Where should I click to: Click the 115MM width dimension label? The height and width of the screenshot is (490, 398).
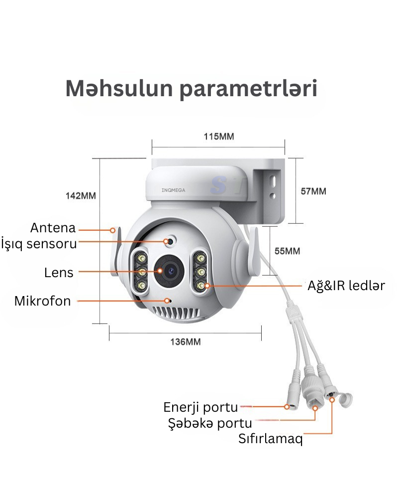[x=218, y=137]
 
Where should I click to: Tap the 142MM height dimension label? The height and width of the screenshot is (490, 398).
[x=81, y=196]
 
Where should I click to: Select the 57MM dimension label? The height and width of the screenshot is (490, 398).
[x=313, y=191]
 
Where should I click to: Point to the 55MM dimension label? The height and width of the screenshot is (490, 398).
[x=287, y=251]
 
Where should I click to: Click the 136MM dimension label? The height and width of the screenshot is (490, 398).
[x=185, y=342]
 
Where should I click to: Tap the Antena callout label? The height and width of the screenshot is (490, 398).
[x=53, y=228]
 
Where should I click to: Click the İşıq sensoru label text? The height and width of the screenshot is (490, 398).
[x=39, y=244]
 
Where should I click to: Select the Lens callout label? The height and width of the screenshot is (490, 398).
[x=59, y=273]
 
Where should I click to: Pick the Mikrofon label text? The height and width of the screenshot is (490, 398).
[x=43, y=301]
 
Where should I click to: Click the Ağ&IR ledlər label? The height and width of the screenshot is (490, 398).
[x=346, y=286]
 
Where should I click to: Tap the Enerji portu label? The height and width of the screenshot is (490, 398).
[x=200, y=407]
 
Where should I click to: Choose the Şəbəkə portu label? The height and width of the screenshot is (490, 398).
[x=210, y=423]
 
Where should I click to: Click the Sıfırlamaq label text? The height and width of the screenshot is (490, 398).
[x=271, y=439]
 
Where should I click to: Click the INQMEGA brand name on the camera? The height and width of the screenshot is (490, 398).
[x=174, y=190]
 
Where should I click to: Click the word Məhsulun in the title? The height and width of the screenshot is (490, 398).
[x=119, y=88]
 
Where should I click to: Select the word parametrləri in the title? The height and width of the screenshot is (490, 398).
[x=249, y=89]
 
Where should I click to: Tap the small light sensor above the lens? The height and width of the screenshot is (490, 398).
[x=170, y=241]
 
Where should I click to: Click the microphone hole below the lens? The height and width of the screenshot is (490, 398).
[x=169, y=301]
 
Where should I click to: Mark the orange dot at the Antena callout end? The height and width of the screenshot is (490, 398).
[x=112, y=230]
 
